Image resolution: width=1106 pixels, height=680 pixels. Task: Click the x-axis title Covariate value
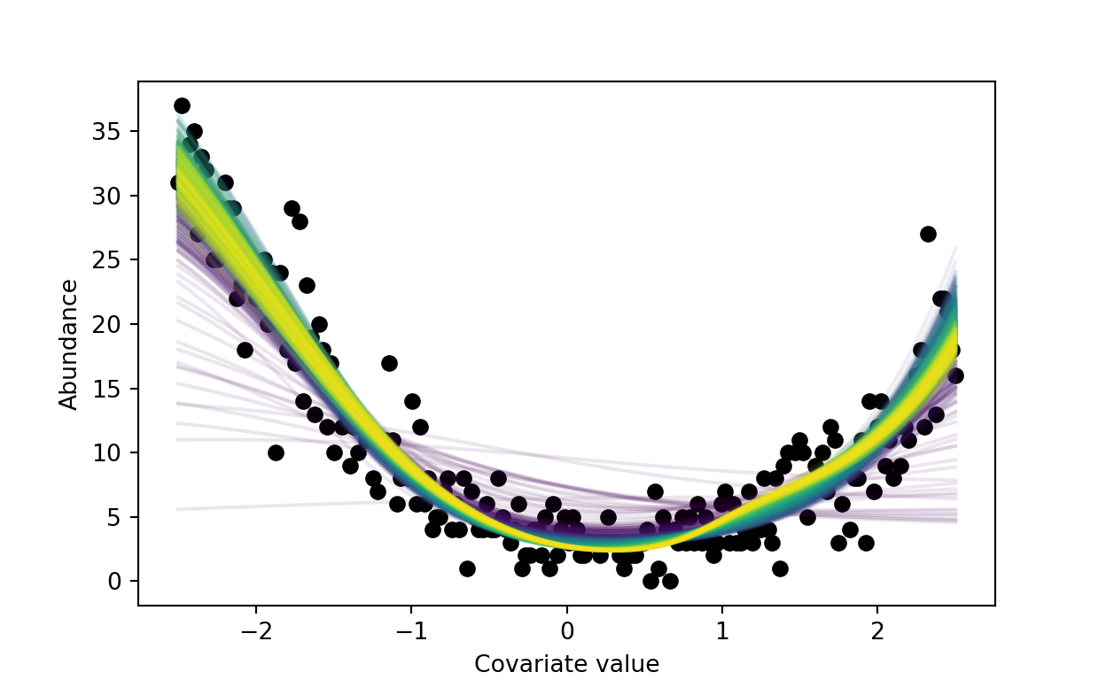[566, 664]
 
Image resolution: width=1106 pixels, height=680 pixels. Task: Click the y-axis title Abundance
[69, 344]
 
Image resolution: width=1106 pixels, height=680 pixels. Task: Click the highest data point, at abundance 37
[182, 106]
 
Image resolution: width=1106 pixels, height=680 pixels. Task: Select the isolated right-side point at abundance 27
[928, 235]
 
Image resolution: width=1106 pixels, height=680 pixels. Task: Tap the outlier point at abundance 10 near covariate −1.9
[276, 452]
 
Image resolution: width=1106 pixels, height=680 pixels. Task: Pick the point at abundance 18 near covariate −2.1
[245, 350]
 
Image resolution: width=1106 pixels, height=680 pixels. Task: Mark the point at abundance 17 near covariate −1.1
[389, 363]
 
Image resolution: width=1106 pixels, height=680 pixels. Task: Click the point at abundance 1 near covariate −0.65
[467, 568]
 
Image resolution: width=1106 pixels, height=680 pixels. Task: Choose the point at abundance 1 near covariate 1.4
[780, 568]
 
